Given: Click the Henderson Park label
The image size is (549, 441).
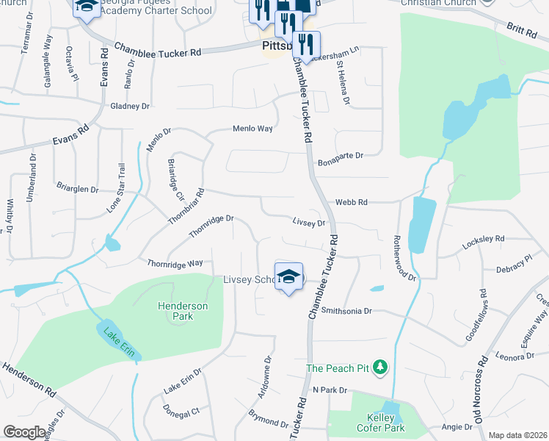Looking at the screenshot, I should pyautogui.click(x=182, y=311).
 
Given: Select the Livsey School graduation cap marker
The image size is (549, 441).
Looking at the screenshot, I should pyautogui.click(x=289, y=277).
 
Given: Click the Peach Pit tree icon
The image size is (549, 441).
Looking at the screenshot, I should pyautogui.click(x=379, y=367).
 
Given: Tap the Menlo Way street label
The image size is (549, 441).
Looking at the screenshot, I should pyautogui.click(x=252, y=129).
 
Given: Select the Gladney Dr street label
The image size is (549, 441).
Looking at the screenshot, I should pyautogui.click(x=130, y=107).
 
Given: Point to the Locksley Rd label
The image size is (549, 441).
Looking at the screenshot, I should pyautogui.click(x=483, y=239).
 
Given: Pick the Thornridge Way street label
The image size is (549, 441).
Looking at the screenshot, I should pyautogui.click(x=175, y=263).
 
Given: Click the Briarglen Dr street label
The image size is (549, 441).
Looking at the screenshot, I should pyautogui.click(x=78, y=189).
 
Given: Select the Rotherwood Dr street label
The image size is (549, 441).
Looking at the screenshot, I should pyautogui.click(x=404, y=258).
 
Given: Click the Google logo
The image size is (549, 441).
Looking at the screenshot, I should pyautogui.click(x=24, y=432).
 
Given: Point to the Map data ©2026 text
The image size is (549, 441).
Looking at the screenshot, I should pyautogui.click(x=517, y=435).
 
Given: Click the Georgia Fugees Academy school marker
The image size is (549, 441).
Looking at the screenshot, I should pyautogui.click(x=87, y=8).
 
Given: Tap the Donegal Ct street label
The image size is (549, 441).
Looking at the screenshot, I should pyautogui.click(x=181, y=412).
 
